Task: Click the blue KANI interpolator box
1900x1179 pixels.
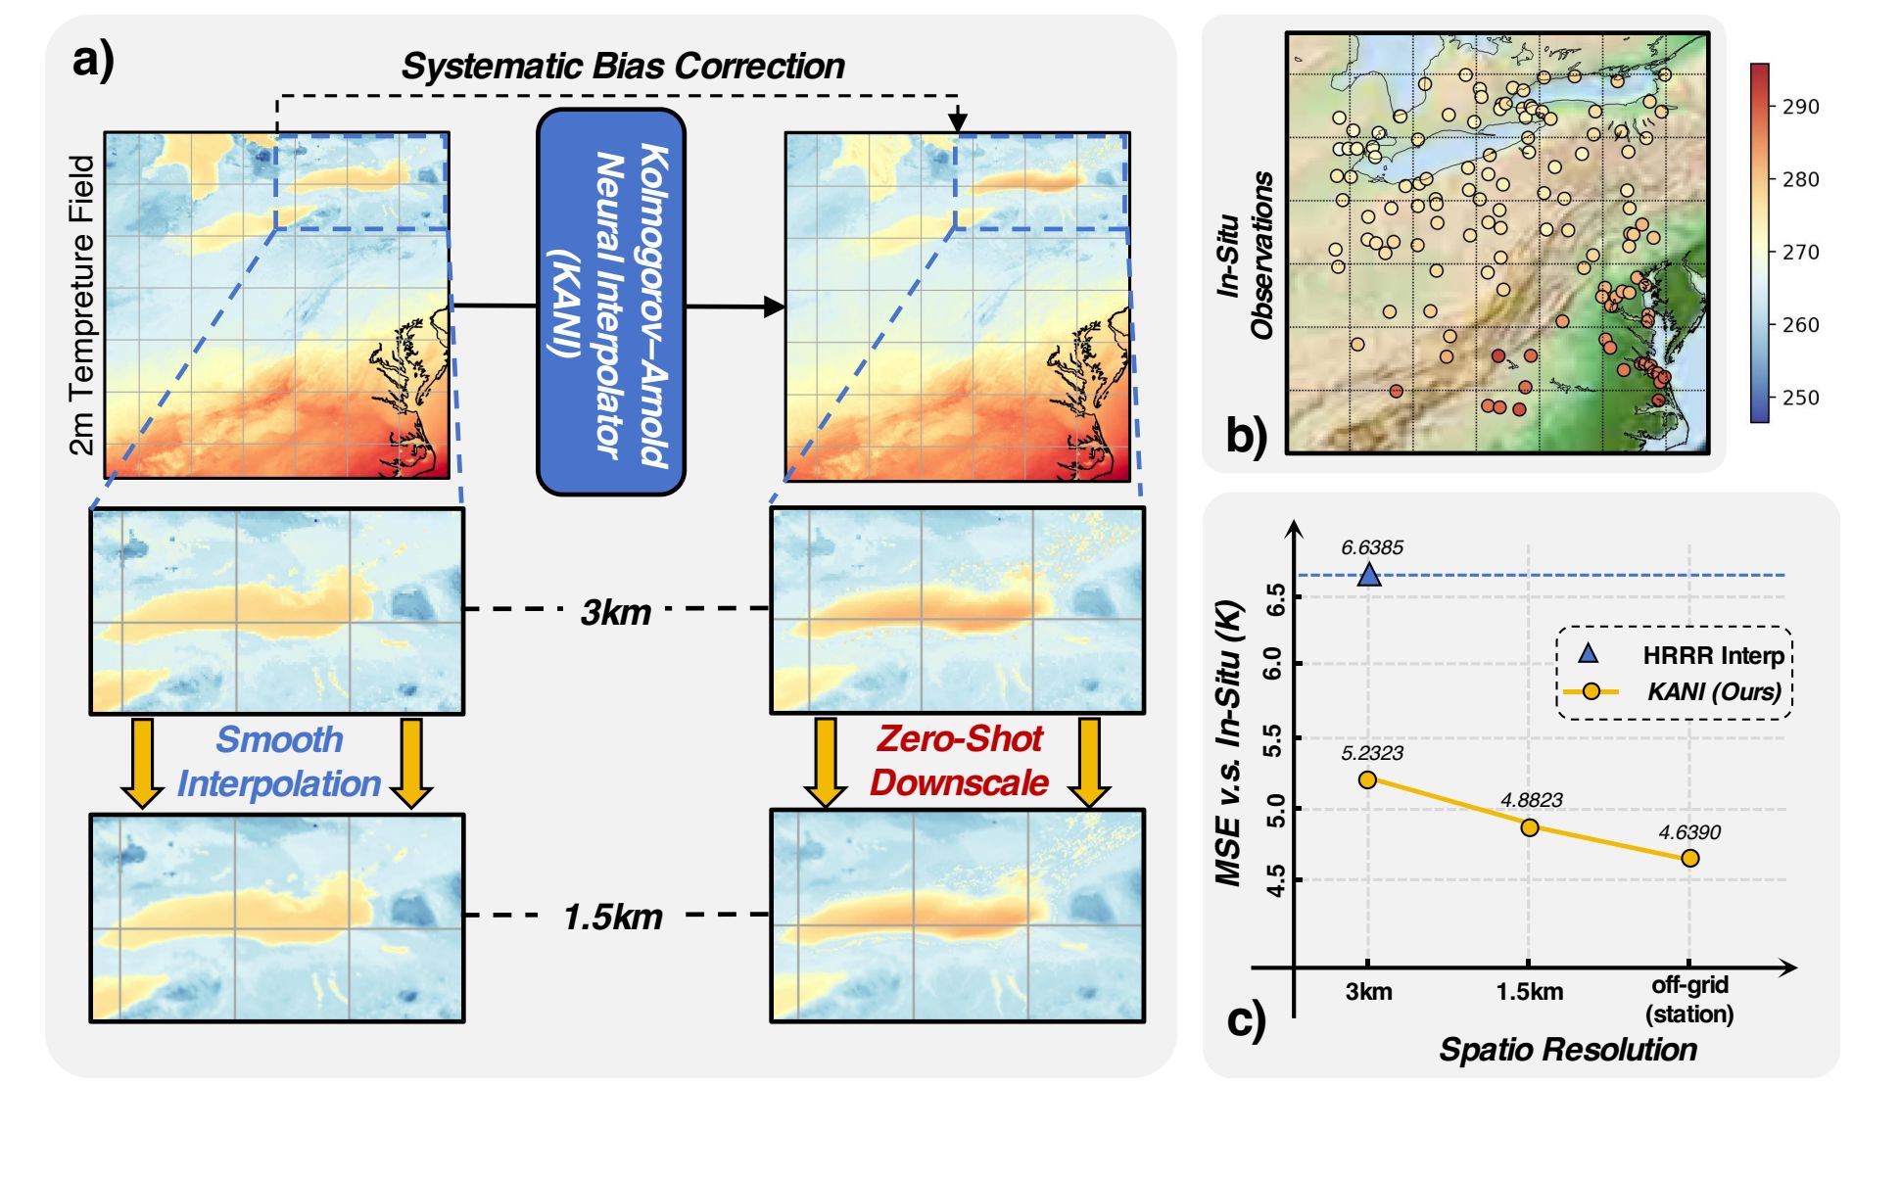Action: pos(610,301)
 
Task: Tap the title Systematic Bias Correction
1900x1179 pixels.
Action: pos(623,66)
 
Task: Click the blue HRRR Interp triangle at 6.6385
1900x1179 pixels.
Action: pos(1369,575)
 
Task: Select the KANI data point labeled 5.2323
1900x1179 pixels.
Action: pos(1368,779)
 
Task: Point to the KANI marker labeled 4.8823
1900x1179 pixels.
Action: pos(1529,827)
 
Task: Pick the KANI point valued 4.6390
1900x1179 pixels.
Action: pos(1689,858)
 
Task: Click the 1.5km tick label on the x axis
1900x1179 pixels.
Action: pos(1529,992)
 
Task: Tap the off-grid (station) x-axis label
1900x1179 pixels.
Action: pos(1689,999)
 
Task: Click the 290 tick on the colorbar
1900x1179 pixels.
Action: pos(1800,107)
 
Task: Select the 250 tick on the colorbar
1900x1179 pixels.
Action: pos(1800,398)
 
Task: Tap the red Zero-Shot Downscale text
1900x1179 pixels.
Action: pos(959,761)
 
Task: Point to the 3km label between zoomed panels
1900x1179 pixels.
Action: pos(615,612)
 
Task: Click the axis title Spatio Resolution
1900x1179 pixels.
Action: pos(1567,1049)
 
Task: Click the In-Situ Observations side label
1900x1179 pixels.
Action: pos(1246,256)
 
